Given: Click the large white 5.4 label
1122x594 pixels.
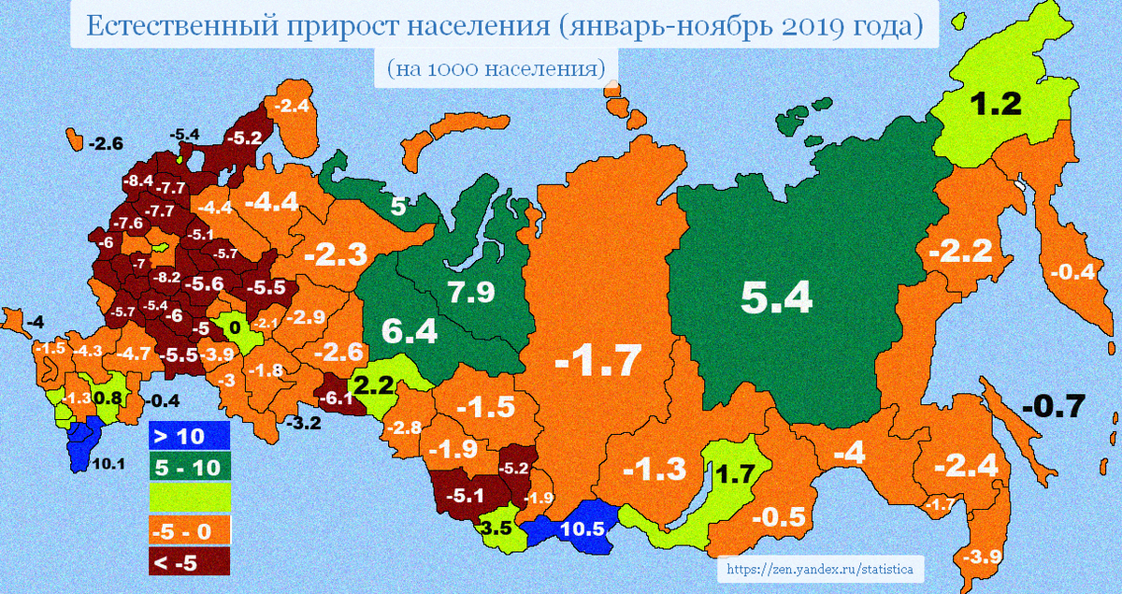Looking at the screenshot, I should click(x=776, y=297).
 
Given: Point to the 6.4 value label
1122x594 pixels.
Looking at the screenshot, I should click(x=410, y=330).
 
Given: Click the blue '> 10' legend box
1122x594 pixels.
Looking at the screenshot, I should click(x=189, y=435).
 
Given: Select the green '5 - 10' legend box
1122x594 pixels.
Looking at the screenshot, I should click(x=189, y=466).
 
